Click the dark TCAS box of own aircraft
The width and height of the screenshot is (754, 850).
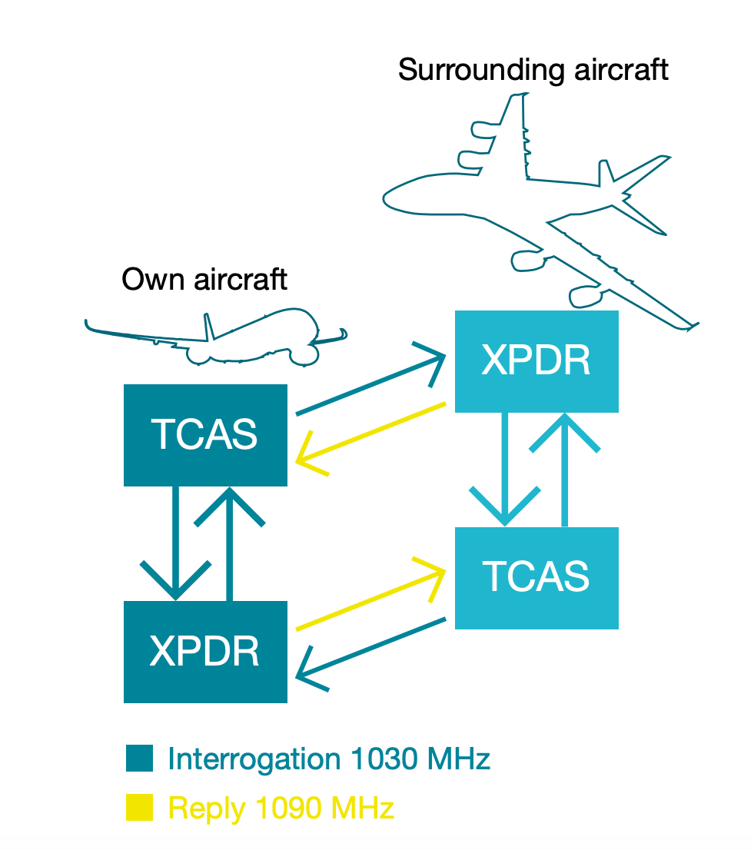coord(205,435)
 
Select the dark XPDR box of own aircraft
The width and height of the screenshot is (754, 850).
coord(205,652)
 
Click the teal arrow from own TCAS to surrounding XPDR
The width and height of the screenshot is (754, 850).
coord(369,384)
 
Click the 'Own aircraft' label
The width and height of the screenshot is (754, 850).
coord(204,279)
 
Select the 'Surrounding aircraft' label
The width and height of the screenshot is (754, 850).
coord(533,70)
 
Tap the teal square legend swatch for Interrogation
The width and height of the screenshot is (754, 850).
coord(139,759)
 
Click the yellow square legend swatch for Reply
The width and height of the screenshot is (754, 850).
coord(139,807)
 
